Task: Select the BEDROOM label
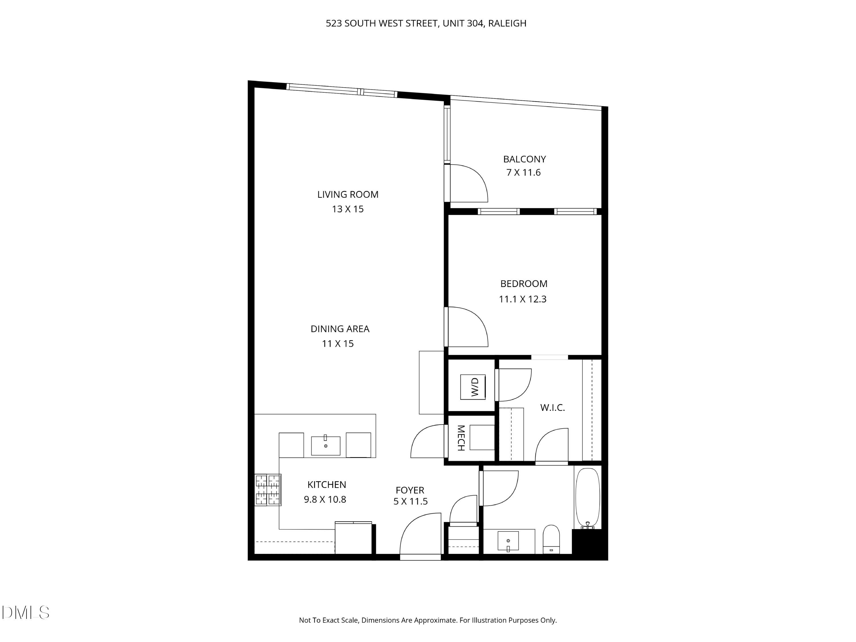click(524, 284)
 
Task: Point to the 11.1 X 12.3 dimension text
click(522, 299)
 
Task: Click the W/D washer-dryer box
click(473, 387)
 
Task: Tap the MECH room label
click(461, 438)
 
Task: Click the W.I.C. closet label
click(552, 407)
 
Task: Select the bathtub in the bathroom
click(588, 497)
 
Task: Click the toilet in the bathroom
click(551, 539)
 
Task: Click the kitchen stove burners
click(267, 490)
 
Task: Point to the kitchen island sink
click(326, 446)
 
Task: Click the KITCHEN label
click(327, 484)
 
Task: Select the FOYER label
click(410, 490)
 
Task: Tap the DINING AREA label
click(340, 329)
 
